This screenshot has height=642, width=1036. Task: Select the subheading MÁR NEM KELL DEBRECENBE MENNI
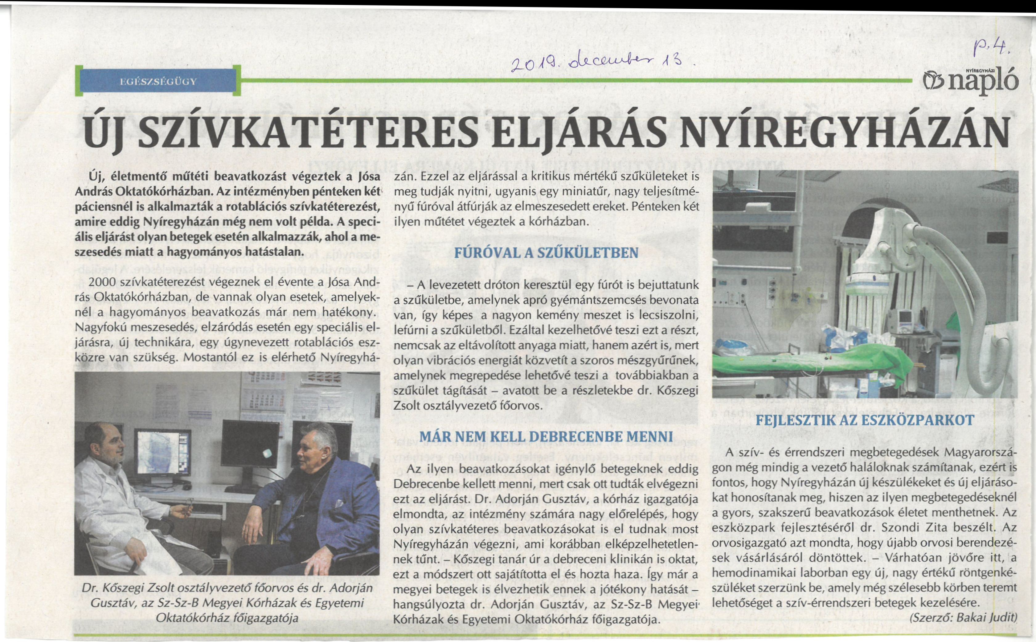click(x=546, y=437)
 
